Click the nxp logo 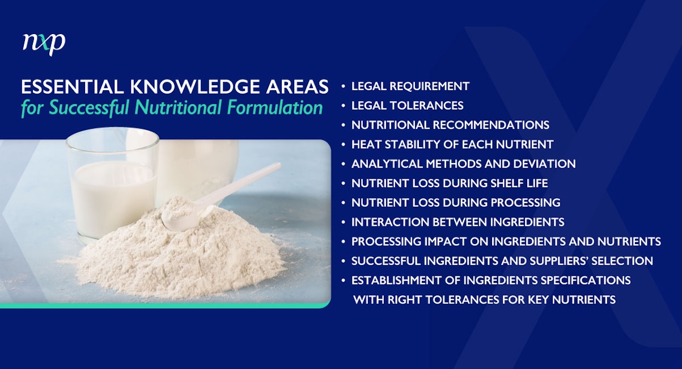44,43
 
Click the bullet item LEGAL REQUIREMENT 410,86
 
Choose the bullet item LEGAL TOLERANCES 407,106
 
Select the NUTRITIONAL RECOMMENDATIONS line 450,125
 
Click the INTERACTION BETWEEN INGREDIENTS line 458,221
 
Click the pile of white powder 187,255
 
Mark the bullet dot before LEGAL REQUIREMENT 344,87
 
